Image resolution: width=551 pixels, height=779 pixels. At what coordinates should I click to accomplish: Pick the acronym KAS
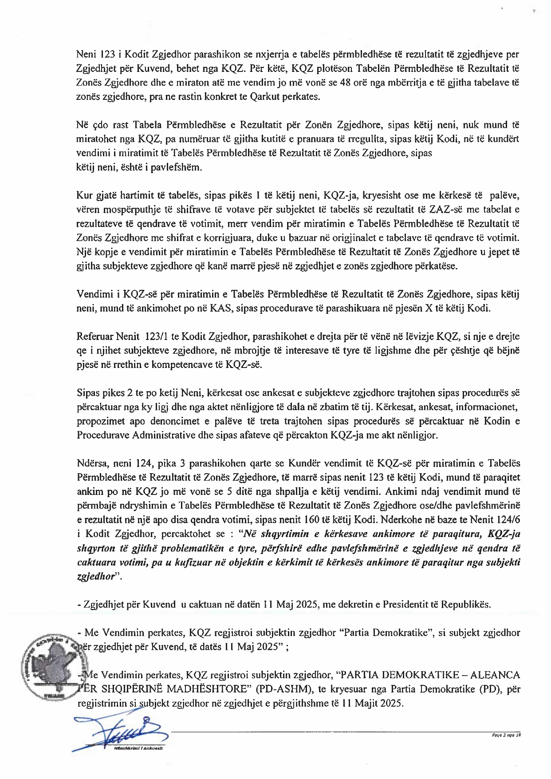click(x=222, y=308)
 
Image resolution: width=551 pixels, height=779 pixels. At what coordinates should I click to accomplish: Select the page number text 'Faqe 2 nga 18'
click(x=506, y=735)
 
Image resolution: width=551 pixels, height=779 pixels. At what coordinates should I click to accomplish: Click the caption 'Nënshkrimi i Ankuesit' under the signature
click(x=138, y=748)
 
